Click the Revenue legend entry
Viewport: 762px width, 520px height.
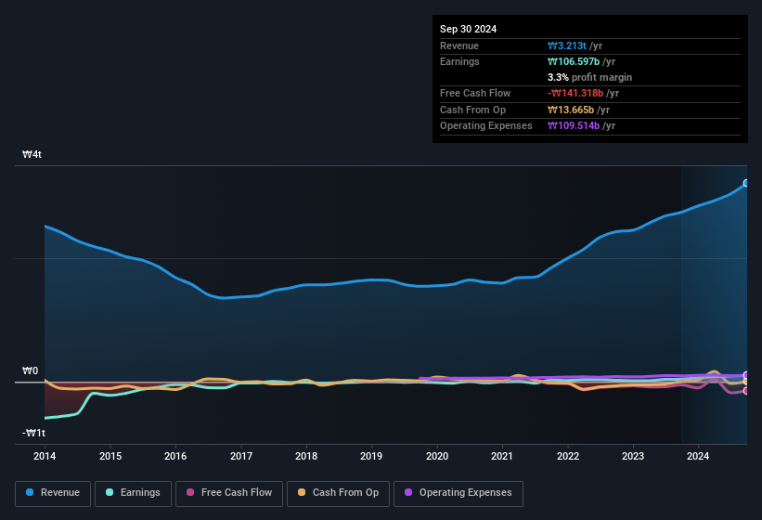53,492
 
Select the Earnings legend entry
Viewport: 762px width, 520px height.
132,492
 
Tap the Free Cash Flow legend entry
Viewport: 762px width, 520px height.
229,492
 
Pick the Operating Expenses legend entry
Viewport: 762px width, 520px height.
458,492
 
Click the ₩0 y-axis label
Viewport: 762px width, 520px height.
31,371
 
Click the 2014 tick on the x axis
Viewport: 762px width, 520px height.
45,456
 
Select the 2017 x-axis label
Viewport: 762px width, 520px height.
241,456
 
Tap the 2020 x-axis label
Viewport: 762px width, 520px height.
437,456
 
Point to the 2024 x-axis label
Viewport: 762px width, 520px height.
698,456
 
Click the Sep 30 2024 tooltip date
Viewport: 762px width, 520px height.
468,29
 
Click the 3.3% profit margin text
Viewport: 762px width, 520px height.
589,77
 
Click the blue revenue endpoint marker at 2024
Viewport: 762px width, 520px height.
746,183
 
